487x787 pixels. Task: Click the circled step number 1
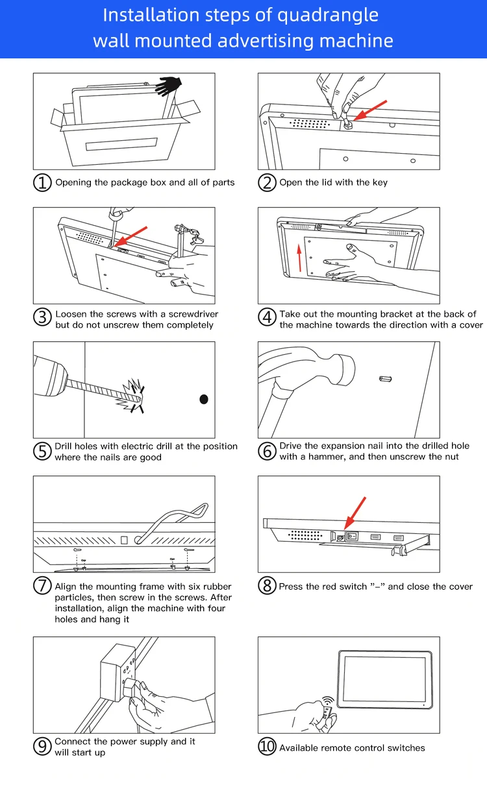coord(42,182)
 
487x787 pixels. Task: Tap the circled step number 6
coord(268,451)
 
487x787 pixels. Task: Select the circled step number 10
coord(268,747)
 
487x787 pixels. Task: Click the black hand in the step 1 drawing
coord(169,85)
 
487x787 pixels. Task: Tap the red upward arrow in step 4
coord(299,257)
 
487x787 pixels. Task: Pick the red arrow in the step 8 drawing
coord(356,512)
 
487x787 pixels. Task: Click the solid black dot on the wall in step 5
coord(204,399)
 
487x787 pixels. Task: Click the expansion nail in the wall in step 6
coord(386,378)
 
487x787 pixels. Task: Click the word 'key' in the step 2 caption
coord(380,182)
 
